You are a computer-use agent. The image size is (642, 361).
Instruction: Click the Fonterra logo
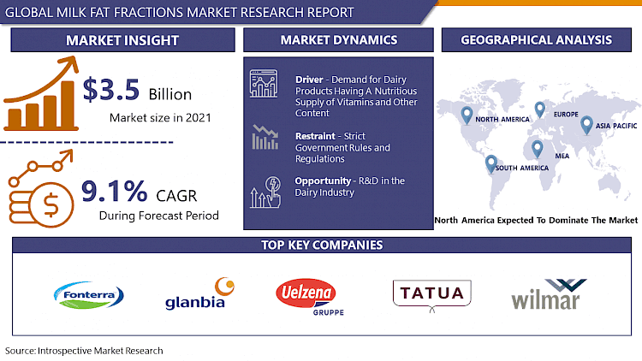pyautogui.click(x=90, y=296)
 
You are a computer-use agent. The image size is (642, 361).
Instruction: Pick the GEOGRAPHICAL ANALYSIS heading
pyautogui.click(x=536, y=40)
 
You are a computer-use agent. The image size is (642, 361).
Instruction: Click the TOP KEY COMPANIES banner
pyautogui.click(x=321, y=246)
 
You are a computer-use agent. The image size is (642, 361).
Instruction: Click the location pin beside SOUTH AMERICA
pyautogui.click(x=490, y=163)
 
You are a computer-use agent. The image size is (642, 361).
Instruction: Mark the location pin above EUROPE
pyautogui.click(x=539, y=109)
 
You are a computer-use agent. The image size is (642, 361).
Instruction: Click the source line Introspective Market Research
pyautogui.click(x=83, y=351)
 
